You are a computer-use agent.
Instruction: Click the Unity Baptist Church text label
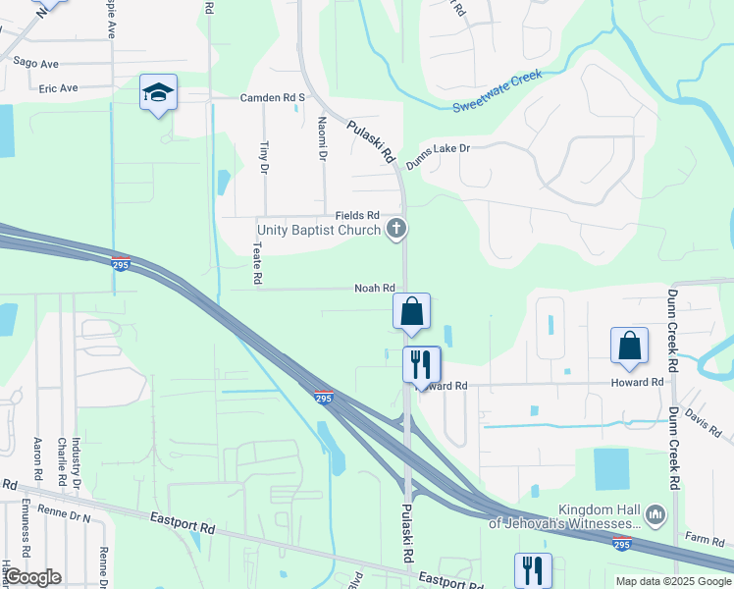coord(318,230)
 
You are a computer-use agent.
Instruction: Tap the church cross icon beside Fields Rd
coord(396,230)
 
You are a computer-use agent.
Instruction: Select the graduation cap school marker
coord(158,93)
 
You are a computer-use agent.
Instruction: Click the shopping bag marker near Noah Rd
coord(412,312)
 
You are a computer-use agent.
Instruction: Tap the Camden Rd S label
coord(274,98)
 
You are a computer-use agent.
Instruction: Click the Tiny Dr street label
coord(263,158)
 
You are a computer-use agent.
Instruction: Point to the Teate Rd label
coord(257,263)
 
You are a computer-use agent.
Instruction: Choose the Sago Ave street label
coord(36,63)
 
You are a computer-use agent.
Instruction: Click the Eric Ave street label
coord(58,87)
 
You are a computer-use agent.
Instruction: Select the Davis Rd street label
coord(704,423)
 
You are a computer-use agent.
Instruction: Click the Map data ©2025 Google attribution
coord(673,581)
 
